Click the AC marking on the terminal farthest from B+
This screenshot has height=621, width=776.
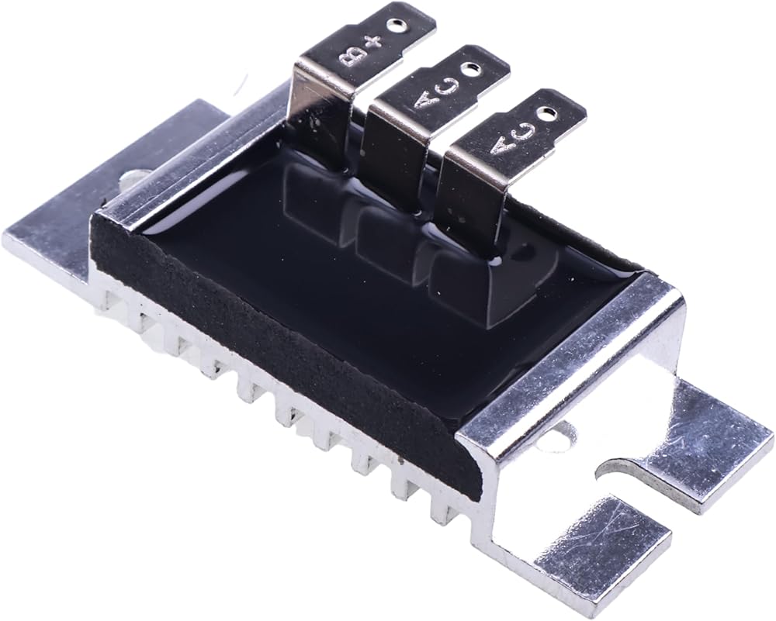[513, 139]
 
